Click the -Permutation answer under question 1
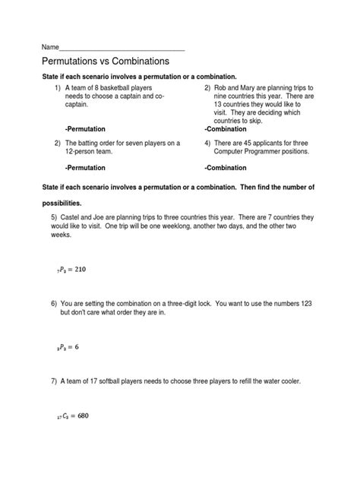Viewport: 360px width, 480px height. point(86,128)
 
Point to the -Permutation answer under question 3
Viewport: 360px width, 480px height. point(86,166)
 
